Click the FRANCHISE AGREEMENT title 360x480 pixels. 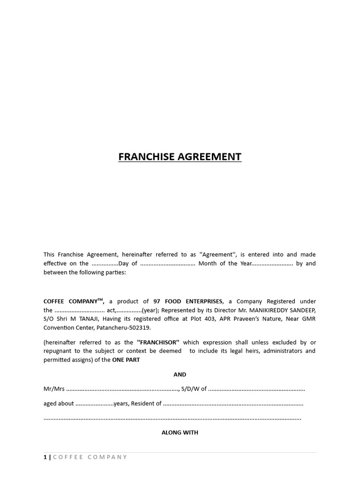[180, 157]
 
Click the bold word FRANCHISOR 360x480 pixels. [158, 342]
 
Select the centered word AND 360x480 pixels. [180, 375]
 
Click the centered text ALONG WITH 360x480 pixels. [180, 433]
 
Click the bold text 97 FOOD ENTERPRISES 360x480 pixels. [187, 301]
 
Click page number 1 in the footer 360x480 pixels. [45, 457]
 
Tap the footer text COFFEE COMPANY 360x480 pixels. [90, 457]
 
